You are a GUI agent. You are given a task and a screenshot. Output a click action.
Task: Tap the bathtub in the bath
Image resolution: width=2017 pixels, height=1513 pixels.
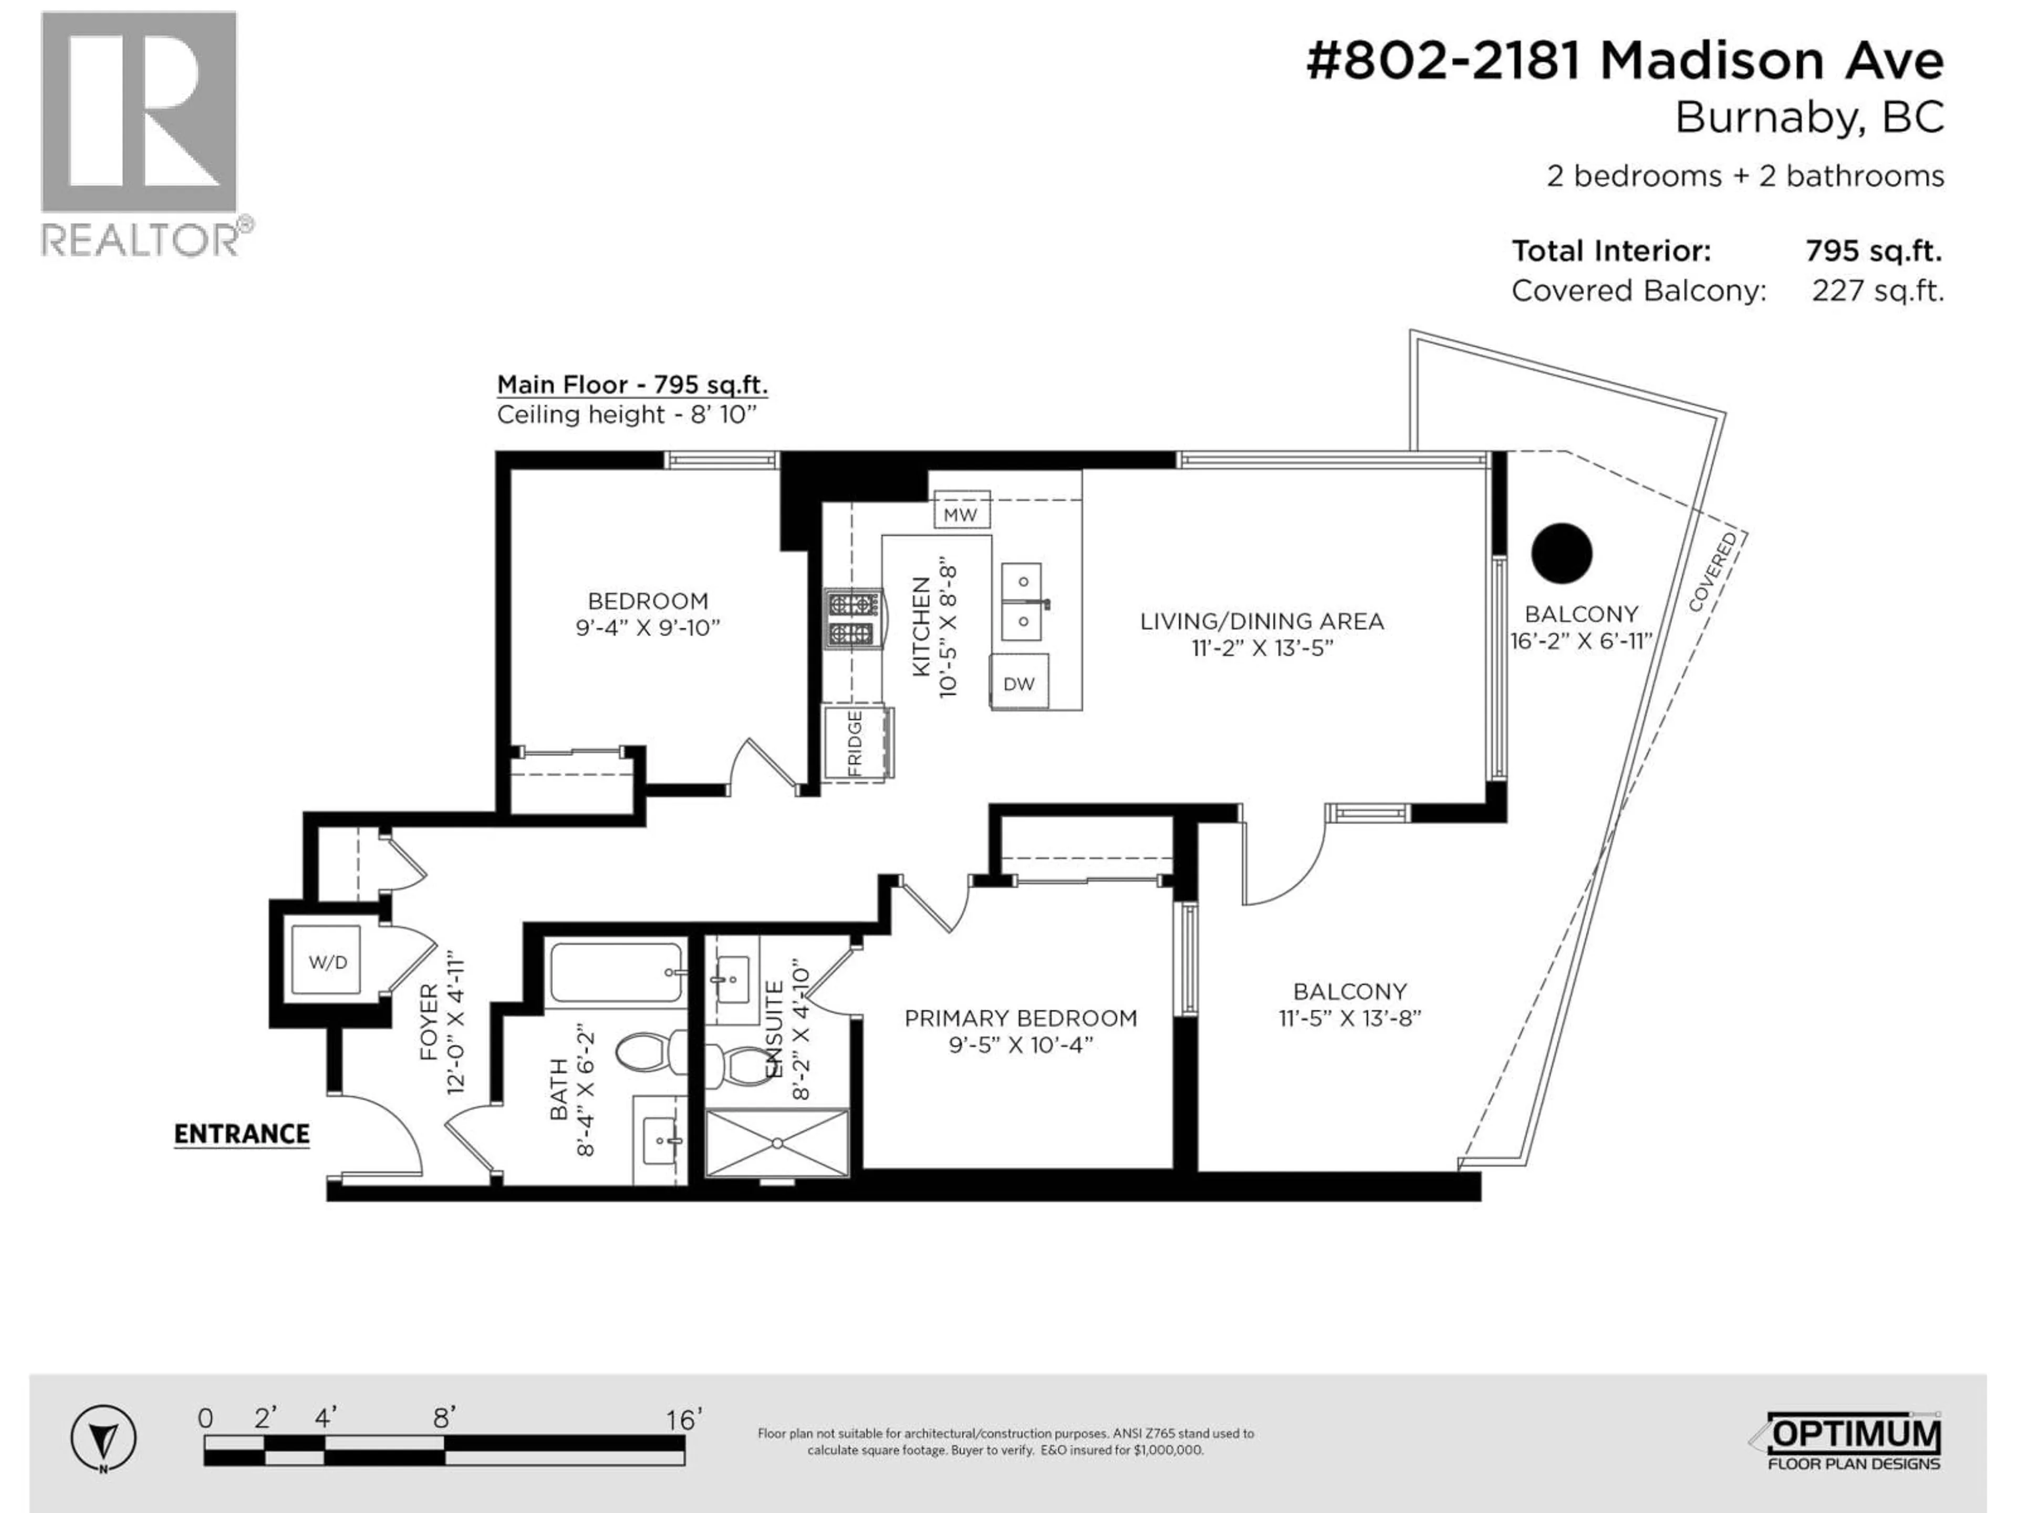click(x=617, y=973)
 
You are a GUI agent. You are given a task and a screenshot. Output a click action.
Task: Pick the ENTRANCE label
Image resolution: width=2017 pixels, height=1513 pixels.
click(x=242, y=1135)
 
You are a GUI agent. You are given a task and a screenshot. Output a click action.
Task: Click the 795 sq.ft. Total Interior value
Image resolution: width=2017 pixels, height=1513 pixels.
click(x=1873, y=251)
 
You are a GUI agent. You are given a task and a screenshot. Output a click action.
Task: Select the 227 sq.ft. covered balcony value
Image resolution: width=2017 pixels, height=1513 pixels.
click(x=1877, y=291)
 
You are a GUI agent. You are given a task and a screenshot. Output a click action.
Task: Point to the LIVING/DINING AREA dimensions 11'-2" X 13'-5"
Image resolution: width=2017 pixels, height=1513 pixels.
click(x=1262, y=648)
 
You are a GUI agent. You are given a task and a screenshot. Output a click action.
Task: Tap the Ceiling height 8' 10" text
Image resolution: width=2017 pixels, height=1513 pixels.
click(x=627, y=415)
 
